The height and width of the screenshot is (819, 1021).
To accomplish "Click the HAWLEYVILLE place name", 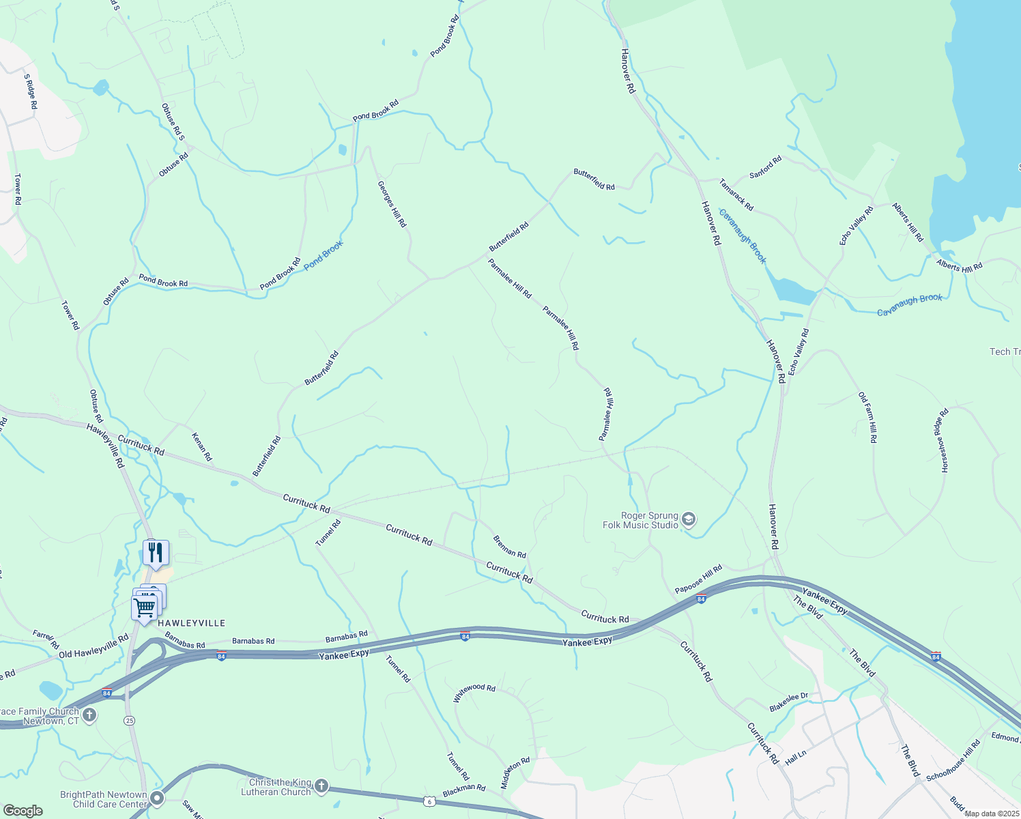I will click(x=192, y=623).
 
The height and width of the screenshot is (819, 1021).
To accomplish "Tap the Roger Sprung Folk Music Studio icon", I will click(x=689, y=520).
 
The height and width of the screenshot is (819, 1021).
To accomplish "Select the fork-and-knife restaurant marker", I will click(x=156, y=553).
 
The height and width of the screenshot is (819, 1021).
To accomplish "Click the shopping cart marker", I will click(x=145, y=607).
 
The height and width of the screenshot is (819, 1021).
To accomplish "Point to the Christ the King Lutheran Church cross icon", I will click(x=321, y=786).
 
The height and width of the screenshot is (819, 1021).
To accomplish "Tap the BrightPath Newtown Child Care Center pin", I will click(x=158, y=799).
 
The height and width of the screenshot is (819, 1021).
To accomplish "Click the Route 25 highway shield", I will click(x=130, y=721).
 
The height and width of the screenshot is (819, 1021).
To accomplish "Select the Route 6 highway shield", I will click(x=429, y=801).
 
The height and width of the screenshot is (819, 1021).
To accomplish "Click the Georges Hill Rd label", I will click(x=392, y=203).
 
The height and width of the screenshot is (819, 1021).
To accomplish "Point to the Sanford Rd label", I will click(x=765, y=167).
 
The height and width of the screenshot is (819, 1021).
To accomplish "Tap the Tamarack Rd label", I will click(x=736, y=195).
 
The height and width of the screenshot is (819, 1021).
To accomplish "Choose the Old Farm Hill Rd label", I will click(x=867, y=418).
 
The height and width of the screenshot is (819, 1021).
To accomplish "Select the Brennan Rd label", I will click(x=510, y=547).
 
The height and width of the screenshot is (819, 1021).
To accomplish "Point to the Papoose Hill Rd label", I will click(x=698, y=579).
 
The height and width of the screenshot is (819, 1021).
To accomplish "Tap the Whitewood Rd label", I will click(x=474, y=693).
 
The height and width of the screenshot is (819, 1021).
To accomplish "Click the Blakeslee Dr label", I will click(x=788, y=702).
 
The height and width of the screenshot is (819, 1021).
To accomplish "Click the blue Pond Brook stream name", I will click(x=323, y=255).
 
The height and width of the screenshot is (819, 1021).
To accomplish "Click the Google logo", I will click(x=23, y=810).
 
